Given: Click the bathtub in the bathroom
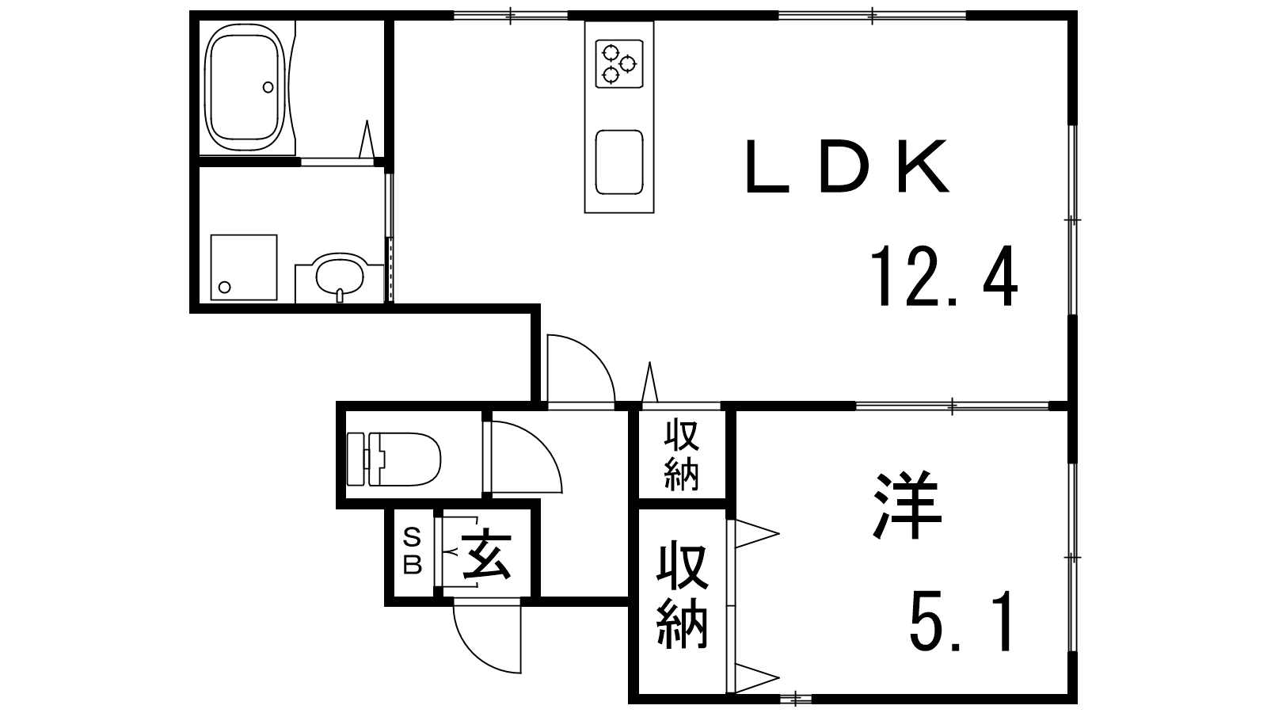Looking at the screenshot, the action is (245, 87).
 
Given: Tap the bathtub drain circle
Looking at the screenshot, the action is (268, 87).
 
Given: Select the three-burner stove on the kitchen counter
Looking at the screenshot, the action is (619, 63).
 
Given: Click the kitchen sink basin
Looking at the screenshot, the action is (619, 162).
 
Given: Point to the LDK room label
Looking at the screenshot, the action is (847, 167).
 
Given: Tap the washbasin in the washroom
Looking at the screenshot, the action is (340, 277).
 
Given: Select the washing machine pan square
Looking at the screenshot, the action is (244, 267).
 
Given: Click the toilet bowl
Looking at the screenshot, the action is (405, 459).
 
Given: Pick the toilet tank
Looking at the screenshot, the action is (356, 459).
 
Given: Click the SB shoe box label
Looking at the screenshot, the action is (413, 551).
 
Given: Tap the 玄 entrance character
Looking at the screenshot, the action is (486, 555).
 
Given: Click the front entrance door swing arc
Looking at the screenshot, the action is (486, 639).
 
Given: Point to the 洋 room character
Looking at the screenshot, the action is (907, 505).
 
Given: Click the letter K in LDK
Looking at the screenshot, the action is (923, 167).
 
